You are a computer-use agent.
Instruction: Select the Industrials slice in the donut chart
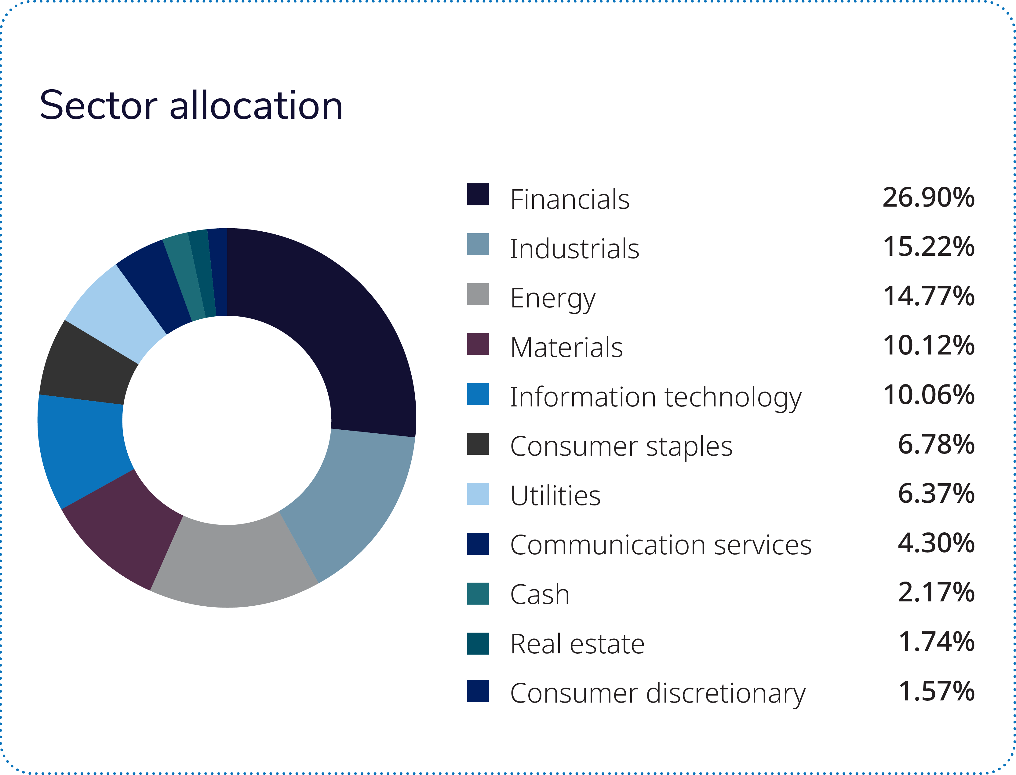(350, 498)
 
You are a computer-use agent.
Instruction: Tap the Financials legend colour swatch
(478, 194)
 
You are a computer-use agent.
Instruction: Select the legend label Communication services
(660, 545)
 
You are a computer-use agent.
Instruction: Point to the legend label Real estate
(577, 644)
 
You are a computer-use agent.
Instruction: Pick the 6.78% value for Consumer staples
(936, 444)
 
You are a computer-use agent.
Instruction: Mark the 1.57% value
(936, 691)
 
